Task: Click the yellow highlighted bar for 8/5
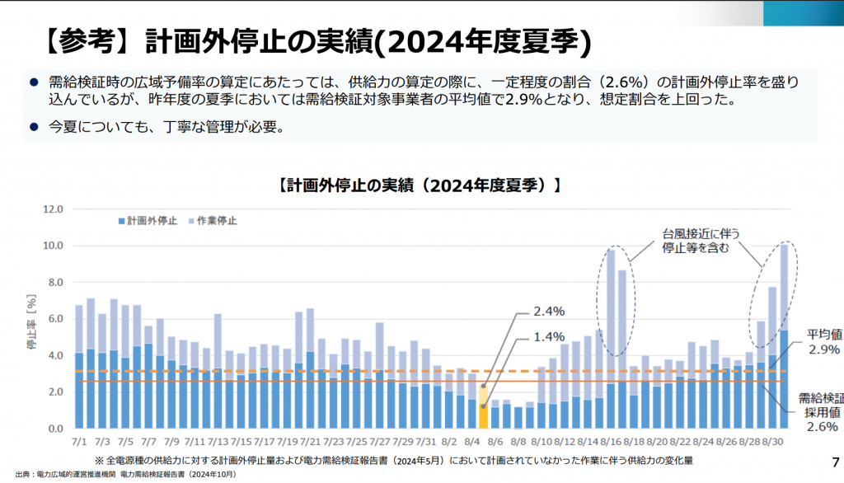click(483, 406)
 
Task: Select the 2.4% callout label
click(549, 312)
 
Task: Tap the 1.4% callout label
click(549, 336)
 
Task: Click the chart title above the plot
click(420, 185)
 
